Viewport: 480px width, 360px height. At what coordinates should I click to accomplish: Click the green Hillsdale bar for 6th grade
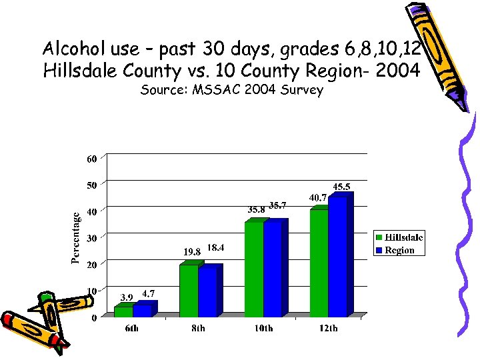click(x=123, y=311)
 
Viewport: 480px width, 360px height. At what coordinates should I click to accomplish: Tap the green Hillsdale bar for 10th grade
click(x=254, y=269)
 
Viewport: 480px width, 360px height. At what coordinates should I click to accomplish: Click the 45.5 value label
click(x=343, y=187)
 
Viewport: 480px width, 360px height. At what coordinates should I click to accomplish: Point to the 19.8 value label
click(x=192, y=252)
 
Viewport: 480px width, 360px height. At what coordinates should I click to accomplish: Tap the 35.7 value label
click(x=278, y=205)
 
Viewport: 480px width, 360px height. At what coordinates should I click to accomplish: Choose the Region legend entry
click(x=399, y=250)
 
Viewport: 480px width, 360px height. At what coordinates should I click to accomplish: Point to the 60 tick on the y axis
click(x=91, y=159)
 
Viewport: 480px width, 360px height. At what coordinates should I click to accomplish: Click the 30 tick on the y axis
click(x=91, y=238)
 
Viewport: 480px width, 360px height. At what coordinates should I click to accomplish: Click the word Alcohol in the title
click(x=68, y=49)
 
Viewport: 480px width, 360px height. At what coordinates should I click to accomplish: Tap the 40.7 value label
click(x=318, y=198)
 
